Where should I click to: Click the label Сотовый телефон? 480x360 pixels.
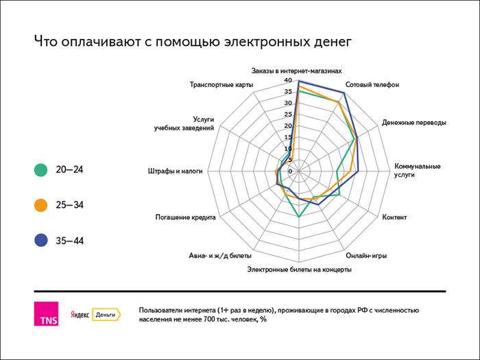point(372,85)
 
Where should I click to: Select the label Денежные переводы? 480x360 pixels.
point(413,123)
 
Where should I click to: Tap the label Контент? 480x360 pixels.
point(394,217)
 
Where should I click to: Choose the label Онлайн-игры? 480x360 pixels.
point(366,256)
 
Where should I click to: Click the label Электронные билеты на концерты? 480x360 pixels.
point(300,269)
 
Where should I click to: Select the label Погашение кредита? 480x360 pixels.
point(187,217)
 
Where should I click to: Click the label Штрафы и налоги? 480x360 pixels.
point(176,171)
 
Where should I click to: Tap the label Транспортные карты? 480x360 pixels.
point(221,85)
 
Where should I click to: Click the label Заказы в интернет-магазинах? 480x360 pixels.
point(296,71)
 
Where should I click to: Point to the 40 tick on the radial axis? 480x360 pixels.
point(288,81)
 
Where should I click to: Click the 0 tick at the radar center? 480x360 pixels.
point(290,171)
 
